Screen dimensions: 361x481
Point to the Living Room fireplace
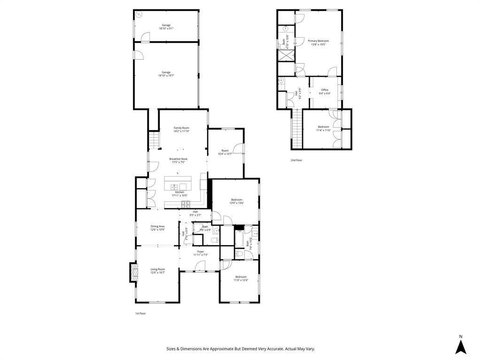[x=134, y=273]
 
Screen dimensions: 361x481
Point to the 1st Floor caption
[x=140, y=313]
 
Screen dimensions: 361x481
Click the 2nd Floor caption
[x=296, y=160]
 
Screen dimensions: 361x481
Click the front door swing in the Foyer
[x=200, y=266]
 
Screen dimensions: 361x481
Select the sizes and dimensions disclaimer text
[x=240, y=349]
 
